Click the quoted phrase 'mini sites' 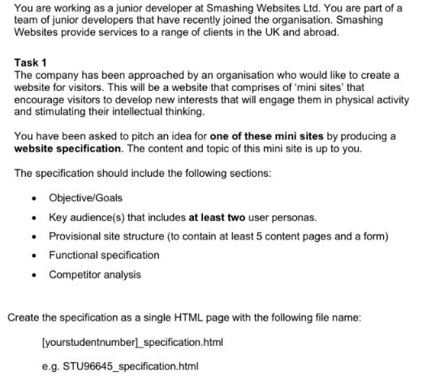313,87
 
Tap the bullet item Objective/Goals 85,198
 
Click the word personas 294,217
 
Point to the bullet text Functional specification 104,255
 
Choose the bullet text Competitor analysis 94,274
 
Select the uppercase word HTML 192,317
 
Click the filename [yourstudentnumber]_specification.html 132,342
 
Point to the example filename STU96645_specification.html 132,366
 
